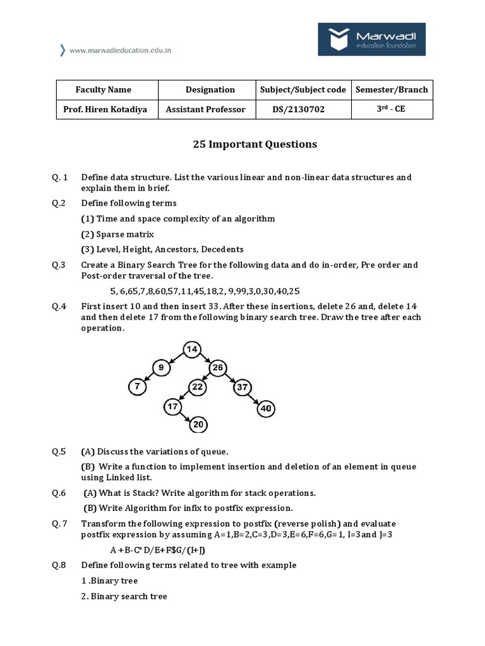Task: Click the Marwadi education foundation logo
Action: click(x=371, y=41)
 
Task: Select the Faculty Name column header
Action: click(x=104, y=90)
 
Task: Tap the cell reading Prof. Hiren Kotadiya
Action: click(x=105, y=109)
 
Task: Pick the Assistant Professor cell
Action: click(x=205, y=109)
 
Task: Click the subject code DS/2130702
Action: click(x=299, y=109)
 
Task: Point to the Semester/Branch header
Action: click(x=392, y=90)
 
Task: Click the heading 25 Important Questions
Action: click(x=254, y=144)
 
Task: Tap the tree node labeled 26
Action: click(x=218, y=367)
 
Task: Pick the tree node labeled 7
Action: click(x=138, y=385)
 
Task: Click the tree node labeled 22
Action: click(x=198, y=386)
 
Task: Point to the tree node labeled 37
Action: click(x=242, y=387)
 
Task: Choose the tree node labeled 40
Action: click(x=266, y=408)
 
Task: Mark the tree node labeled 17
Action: click(x=173, y=407)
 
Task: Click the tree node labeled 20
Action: click(x=198, y=425)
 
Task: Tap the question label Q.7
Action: click(x=61, y=524)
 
